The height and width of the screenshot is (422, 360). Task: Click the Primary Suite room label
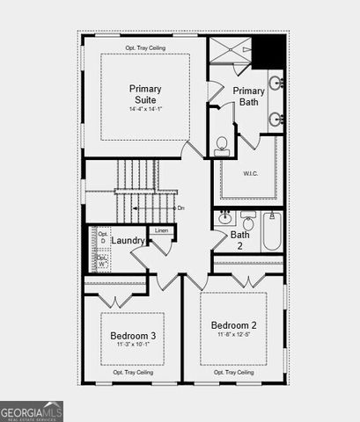tap(144, 94)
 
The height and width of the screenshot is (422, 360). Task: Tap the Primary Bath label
tap(249, 97)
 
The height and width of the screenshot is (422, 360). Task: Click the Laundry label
tap(129, 240)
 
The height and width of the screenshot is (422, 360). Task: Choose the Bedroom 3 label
tap(133, 336)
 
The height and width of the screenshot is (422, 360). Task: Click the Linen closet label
tap(162, 230)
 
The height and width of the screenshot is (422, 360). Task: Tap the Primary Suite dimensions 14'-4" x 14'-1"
tap(144, 110)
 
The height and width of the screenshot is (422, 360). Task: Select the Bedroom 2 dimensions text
tap(233, 334)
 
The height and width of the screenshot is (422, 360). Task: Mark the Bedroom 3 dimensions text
tap(133, 346)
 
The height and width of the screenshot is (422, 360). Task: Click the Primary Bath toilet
tap(222, 145)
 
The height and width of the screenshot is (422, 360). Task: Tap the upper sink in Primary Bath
tap(276, 84)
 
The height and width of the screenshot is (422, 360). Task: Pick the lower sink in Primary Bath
tap(276, 118)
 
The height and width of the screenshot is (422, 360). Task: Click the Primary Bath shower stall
tap(231, 49)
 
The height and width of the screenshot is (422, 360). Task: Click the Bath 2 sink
tap(224, 218)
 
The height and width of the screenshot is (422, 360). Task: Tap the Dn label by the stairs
tap(180, 207)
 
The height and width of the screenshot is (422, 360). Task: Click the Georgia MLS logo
tap(32, 411)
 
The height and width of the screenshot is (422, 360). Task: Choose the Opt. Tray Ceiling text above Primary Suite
tap(144, 47)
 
